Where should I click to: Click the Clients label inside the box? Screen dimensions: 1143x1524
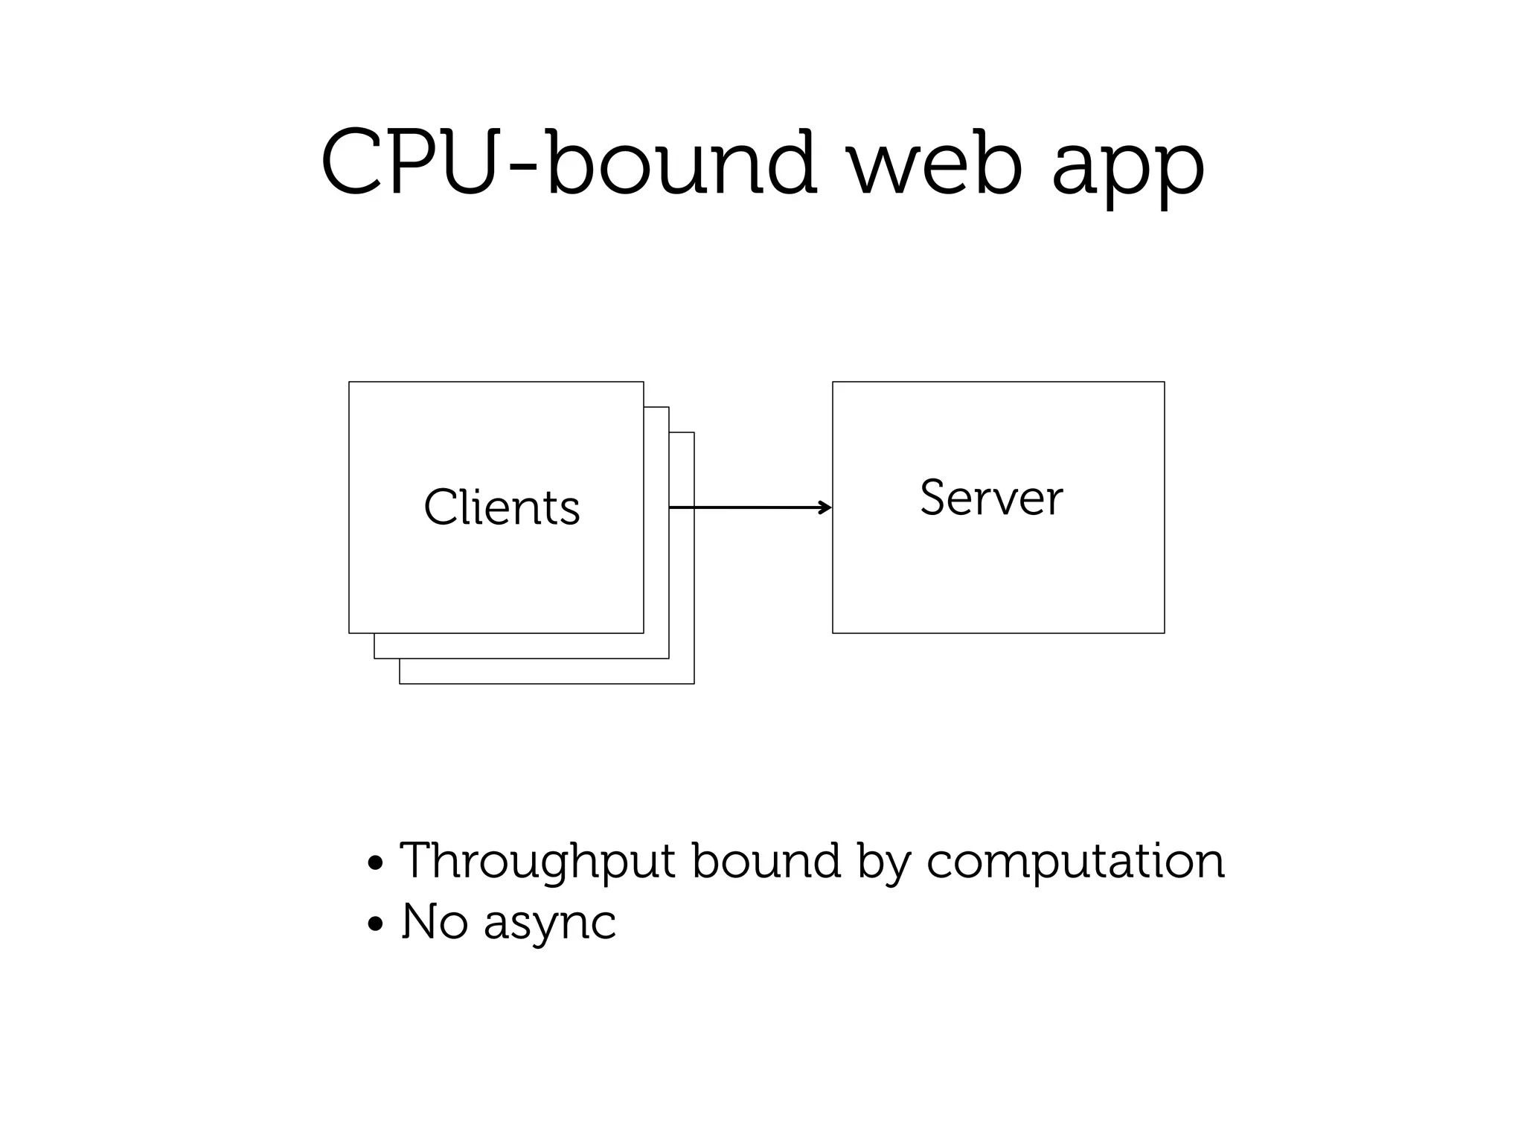502,508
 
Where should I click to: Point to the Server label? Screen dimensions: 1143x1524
991,498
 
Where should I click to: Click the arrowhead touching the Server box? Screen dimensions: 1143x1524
827,508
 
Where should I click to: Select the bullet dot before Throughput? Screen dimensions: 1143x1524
376,864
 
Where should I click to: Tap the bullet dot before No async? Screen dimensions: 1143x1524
376,925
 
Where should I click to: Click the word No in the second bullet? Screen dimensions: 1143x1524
435,921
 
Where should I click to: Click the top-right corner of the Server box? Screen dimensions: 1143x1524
1164,382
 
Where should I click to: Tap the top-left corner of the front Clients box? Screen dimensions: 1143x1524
350,382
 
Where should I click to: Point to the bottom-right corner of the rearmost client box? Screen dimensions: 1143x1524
694,682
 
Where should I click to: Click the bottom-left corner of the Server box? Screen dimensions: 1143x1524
833,633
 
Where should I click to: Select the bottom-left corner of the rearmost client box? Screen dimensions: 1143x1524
400,682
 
